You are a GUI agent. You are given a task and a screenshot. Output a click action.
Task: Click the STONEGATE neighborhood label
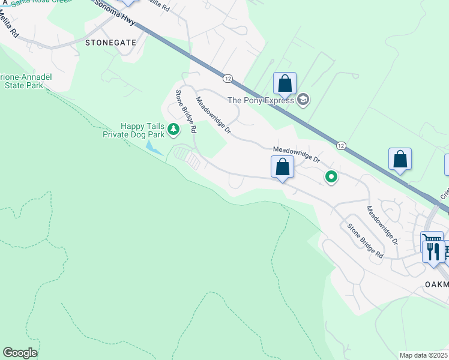(110, 43)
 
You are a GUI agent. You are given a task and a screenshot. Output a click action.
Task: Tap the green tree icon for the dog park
(173, 128)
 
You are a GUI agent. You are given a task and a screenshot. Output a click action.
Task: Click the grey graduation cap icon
(303, 100)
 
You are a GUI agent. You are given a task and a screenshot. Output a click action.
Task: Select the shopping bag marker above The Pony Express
(285, 83)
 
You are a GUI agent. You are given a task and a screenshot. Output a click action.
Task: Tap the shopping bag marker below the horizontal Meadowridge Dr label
(282, 168)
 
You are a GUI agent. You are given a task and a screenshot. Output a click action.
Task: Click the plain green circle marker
(331, 176)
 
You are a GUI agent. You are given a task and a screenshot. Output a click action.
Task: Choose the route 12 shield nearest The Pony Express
(228, 79)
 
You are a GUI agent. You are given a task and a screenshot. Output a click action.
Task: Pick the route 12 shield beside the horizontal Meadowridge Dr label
(340, 146)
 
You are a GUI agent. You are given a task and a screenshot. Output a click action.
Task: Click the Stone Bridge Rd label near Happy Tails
(186, 112)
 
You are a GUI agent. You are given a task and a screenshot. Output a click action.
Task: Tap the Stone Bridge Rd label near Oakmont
(365, 241)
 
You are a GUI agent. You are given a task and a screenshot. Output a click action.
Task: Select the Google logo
(20, 353)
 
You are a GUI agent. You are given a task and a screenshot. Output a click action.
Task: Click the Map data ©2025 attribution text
(423, 355)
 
